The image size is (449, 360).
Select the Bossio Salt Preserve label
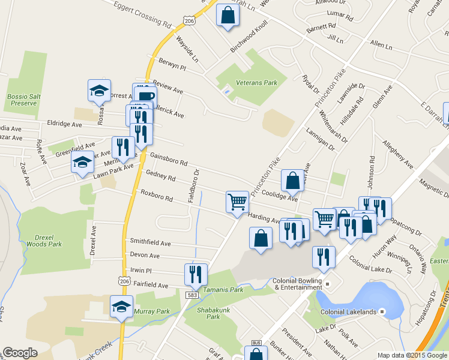coord(22,100)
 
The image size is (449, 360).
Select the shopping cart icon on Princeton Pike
coord(238,202)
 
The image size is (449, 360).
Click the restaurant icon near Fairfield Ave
coord(196,274)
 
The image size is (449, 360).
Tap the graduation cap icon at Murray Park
coord(122,306)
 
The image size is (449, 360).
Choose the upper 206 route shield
coord(190,21)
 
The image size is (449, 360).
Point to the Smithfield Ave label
coord(150,244)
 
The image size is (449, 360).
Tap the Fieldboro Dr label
coord(193,185)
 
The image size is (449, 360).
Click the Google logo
coord(20,353)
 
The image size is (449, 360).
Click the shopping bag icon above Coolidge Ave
coord(292,179)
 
